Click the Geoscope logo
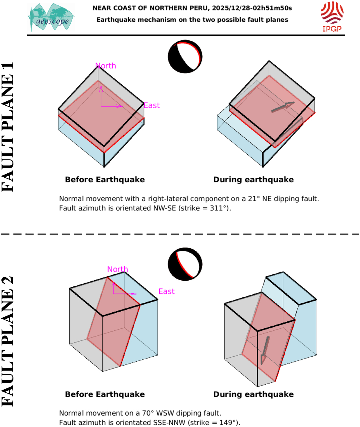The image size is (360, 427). click(51, 18)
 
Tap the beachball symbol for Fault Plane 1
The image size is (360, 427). click(185, 57)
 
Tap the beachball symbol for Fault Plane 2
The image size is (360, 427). click(185, 264)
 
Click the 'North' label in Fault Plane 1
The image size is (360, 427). click(106, 66)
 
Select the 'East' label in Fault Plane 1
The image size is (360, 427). click(152, 106)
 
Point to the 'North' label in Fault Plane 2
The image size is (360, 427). click(118, 269)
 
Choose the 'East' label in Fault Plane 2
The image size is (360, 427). click(166, 291)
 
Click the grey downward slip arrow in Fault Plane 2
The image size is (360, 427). click(265, 350)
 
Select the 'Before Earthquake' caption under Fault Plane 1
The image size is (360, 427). click(105, 180)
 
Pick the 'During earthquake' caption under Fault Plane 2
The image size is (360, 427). click(253, 394)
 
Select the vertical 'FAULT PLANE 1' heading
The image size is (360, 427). click(8, 127)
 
